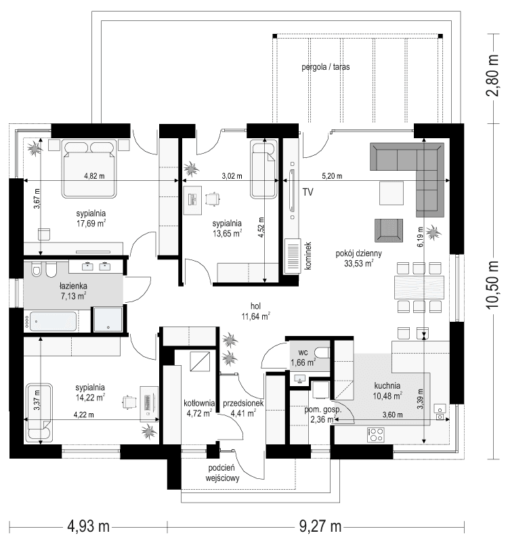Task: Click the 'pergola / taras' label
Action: (325, 68)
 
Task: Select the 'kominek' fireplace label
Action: (307, 256)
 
